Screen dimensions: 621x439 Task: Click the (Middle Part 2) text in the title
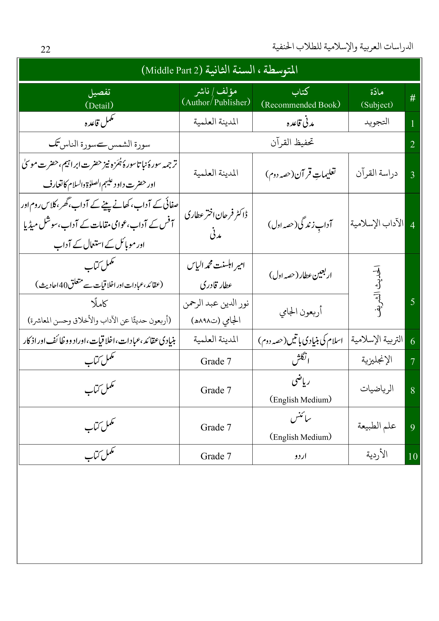point(172,70)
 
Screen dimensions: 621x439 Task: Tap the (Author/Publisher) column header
point(216,102)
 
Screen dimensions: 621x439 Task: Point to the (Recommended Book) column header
point(300,105)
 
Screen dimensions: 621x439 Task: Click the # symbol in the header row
point(412,98)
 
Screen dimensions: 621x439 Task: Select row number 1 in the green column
point(412,123)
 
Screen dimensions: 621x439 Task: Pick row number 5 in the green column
point(412,301)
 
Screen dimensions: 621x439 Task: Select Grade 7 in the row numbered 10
point(216,456)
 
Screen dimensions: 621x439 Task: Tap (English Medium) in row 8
point(300,399)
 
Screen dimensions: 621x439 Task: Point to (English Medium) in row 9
point(300,437)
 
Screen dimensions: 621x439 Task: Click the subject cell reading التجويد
point(377,122)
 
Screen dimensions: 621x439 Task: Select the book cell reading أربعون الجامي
point(300,312)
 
